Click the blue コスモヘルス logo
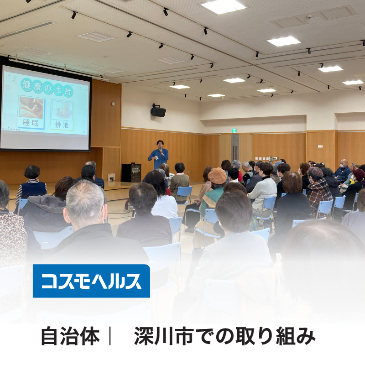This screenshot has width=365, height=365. [91, 281]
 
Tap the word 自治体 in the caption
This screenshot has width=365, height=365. [71, 336]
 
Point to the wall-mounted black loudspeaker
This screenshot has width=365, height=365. [158, 110]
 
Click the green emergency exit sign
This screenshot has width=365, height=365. [235, 130]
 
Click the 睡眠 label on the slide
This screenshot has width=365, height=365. [31, 123]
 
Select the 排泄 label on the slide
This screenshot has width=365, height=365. [62, 125]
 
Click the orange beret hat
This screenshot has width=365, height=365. [217, 176]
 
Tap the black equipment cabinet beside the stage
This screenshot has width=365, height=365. [131, 173]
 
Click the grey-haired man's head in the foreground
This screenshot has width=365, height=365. [85, 203]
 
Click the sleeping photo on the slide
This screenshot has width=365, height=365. [31, 108]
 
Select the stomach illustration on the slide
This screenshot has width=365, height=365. [62, 111]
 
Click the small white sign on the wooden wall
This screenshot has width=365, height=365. [320, 146]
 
